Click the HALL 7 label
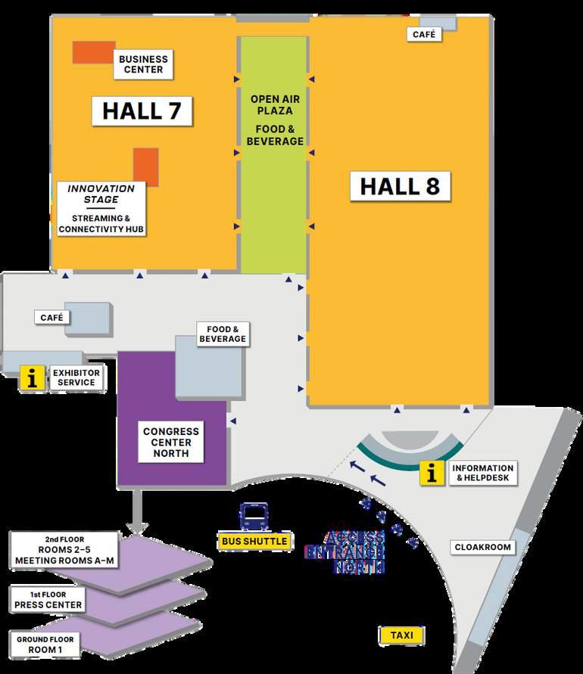(142, 110)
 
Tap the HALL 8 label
(400, 186)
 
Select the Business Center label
(142, 64)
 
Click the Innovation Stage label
(101, 194)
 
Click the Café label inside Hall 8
(425, 35)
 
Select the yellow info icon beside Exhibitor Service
(32, 378)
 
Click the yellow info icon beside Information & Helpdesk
(432, 474)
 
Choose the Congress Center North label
(171, 443)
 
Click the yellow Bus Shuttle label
(254, 542)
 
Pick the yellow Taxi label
(401, 635)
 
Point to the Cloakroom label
(482, 547)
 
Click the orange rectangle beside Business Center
(92, 52)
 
